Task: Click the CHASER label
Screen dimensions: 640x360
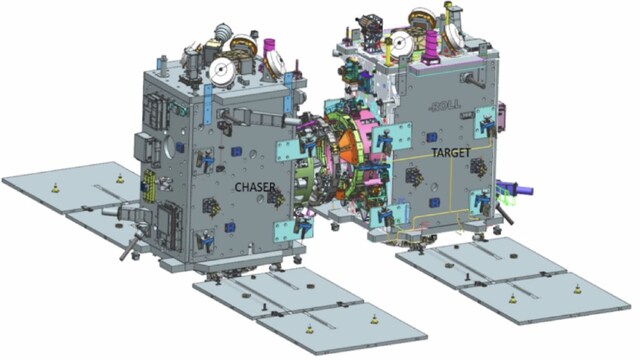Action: coord(255,187)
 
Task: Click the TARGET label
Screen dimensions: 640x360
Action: coord(451,153)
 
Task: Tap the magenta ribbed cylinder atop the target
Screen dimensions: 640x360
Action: coord(431,46)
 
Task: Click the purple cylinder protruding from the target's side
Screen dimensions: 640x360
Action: coord(515,188)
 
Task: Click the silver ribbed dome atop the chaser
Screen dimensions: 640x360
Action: coord(222,30)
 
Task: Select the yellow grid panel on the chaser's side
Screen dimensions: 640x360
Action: coord(148,186)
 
